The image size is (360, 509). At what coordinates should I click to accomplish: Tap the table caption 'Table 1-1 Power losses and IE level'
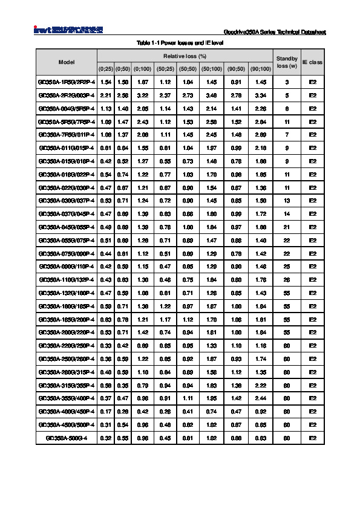[x=180, y=43]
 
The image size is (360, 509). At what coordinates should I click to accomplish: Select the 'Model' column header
[x=67, y=62]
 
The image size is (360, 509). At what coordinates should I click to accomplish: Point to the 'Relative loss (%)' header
[x=185, y=55]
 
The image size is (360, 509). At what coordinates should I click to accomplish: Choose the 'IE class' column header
[x=312, y=62]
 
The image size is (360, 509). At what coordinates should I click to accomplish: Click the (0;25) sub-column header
[x=105, y=68]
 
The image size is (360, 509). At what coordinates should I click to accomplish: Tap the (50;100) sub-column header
[x=211, y=68]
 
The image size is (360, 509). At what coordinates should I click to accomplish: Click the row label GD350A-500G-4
[x=67, y=437]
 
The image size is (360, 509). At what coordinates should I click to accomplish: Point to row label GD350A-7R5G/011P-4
[x=67, y=134]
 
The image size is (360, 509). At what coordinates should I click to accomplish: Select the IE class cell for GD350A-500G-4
[x=312, y=437]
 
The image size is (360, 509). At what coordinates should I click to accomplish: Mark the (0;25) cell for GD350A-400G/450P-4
[x=105, y=411]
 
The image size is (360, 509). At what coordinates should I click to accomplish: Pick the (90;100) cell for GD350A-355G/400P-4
[x=261, y=398]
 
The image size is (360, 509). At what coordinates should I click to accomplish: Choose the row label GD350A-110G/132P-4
[x=67, y=279]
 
